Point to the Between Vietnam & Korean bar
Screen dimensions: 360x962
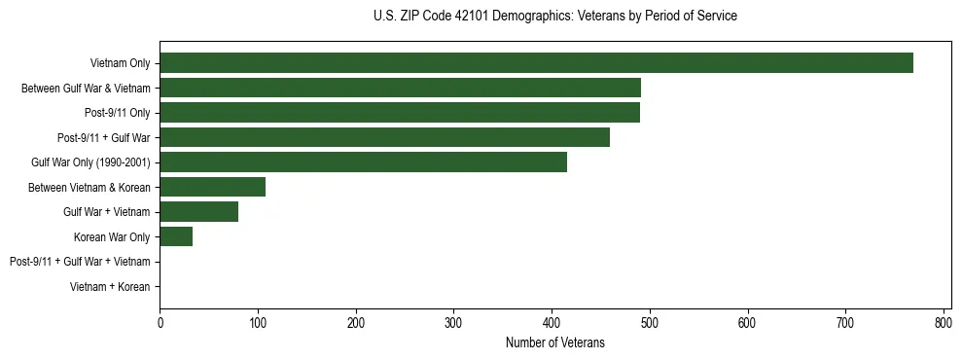point(212,187)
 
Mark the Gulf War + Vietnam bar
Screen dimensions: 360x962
point(198,212)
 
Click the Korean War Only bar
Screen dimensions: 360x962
point(176,236)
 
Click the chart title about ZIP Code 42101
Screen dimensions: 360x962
point(554,17)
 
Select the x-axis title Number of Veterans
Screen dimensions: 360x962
point(554,342)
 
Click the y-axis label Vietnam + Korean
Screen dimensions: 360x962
point(110,287)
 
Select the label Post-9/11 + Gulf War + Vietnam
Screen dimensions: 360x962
point(80,262)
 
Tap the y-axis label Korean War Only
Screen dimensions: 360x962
point(112,237)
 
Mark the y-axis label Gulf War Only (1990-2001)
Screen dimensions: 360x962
point(90,162)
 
